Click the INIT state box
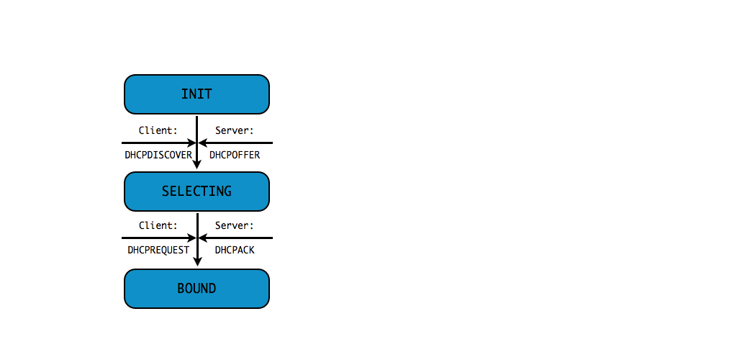point(196,94)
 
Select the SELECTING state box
point(196,192)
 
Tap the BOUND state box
point(196,289)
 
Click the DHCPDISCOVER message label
point(158,155)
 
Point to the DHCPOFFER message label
point(235,155)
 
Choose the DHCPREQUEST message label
point(158,250)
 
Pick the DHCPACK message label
point(235,250)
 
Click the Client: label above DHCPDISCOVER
point(158,130)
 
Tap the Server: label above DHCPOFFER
point(235,130)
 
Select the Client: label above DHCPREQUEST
point(158,225)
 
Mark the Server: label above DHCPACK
point(235,225)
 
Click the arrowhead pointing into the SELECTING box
point(197,165)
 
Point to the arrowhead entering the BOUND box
point(197,262)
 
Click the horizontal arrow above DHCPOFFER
point(238,143)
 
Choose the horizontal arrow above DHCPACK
point(238,238)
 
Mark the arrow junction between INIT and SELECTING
point(197,143)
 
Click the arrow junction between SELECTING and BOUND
point(197,238)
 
